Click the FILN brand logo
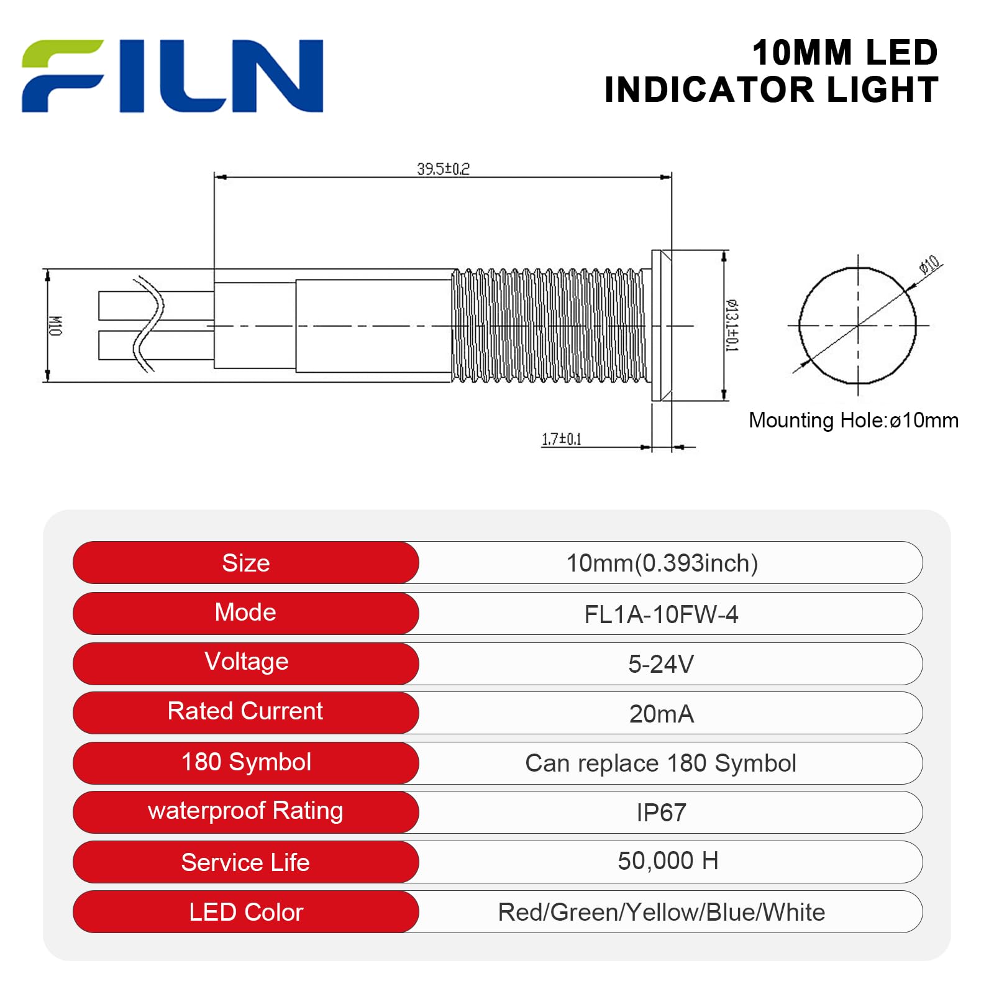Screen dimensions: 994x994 172,76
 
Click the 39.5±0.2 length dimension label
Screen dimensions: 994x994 443,169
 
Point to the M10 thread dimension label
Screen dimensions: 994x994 55,326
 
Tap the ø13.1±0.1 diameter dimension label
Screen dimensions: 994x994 732,326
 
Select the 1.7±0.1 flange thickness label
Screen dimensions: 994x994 561,439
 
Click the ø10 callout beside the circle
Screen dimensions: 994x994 929,265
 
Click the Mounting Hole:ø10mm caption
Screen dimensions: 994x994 853,421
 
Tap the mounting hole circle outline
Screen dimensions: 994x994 799,326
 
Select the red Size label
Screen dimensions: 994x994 246,563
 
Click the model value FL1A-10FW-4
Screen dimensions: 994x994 661,614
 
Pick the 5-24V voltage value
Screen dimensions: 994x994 661,664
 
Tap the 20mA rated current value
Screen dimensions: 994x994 661,714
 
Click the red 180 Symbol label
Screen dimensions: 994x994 246,762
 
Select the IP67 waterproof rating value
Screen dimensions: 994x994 661,813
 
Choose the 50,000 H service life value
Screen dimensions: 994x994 668,861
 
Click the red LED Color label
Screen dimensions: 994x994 246,912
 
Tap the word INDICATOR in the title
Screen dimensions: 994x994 709,90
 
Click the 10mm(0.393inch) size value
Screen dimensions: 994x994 662,563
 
